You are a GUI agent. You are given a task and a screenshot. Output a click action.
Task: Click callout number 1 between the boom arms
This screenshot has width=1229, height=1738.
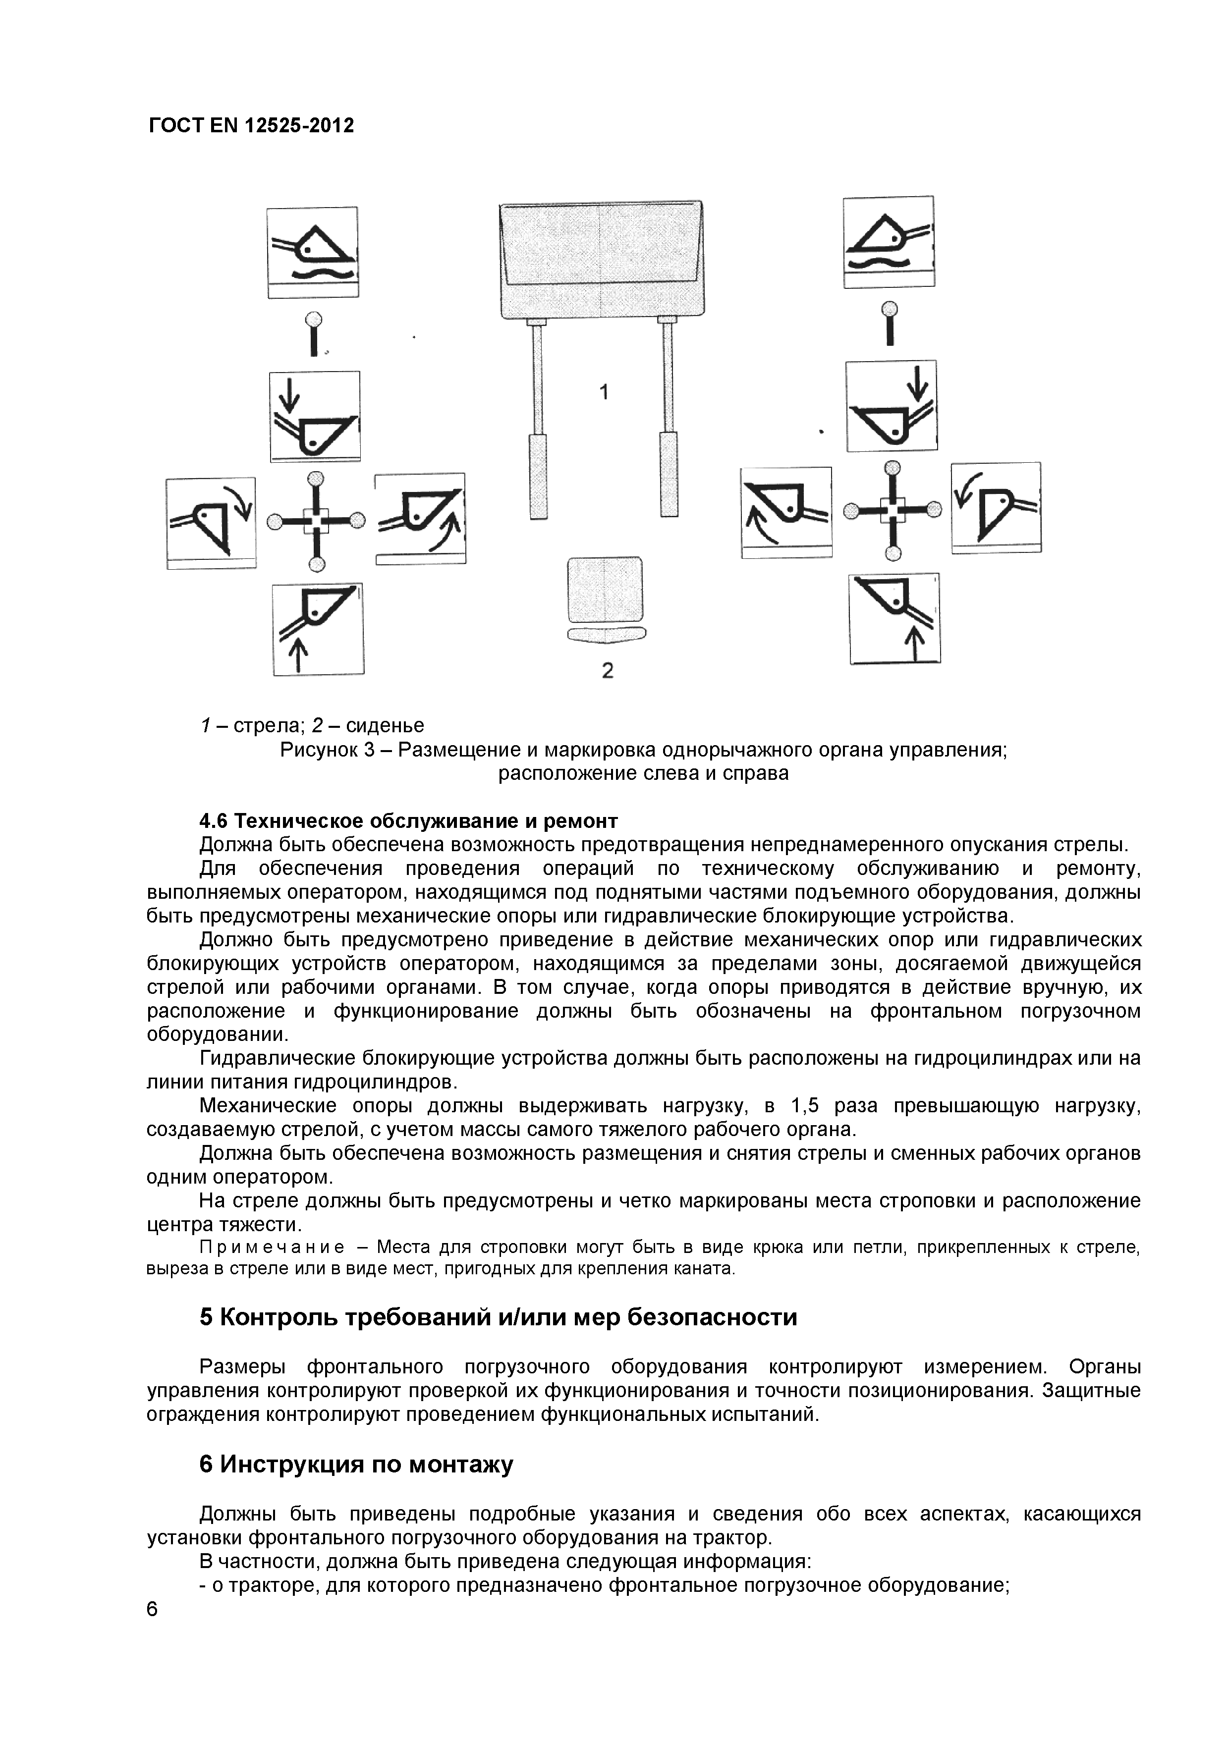coord(604,392)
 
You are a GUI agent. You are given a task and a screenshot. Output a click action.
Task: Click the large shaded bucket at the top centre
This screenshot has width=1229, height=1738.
coord(601,260)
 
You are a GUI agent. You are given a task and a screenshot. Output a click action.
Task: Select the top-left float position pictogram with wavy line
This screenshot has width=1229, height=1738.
coord(313,252)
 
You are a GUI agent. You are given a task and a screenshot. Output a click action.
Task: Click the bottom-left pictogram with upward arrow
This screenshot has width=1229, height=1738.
coord(318,628)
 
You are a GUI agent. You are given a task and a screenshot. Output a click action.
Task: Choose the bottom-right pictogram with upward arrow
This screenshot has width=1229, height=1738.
coord(894,618)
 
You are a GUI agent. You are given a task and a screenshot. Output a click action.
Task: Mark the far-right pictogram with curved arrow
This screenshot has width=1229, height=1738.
coord(996,508)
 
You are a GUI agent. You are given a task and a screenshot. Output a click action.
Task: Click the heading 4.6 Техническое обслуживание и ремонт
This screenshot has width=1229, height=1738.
coord(408,821)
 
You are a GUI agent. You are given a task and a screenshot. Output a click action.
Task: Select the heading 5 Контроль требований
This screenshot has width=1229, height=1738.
coord(498,1317)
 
